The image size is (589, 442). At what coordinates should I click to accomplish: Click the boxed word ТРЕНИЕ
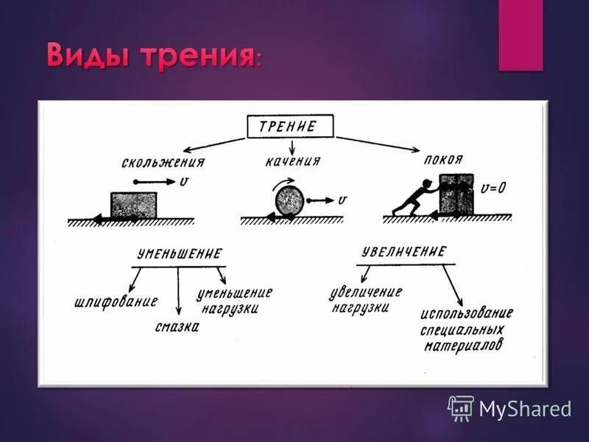(289, 126)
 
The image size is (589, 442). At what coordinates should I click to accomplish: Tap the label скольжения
(163, 163)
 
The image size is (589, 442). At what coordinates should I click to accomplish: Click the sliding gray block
(133, 205)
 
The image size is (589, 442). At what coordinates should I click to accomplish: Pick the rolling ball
(289, 201)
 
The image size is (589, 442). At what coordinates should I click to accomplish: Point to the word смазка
(177, 327)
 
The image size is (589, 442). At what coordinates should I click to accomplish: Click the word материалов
(463, 345)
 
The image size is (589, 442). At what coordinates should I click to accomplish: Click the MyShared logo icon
(460, 407)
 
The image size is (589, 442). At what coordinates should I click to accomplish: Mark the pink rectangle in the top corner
(521, 35)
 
